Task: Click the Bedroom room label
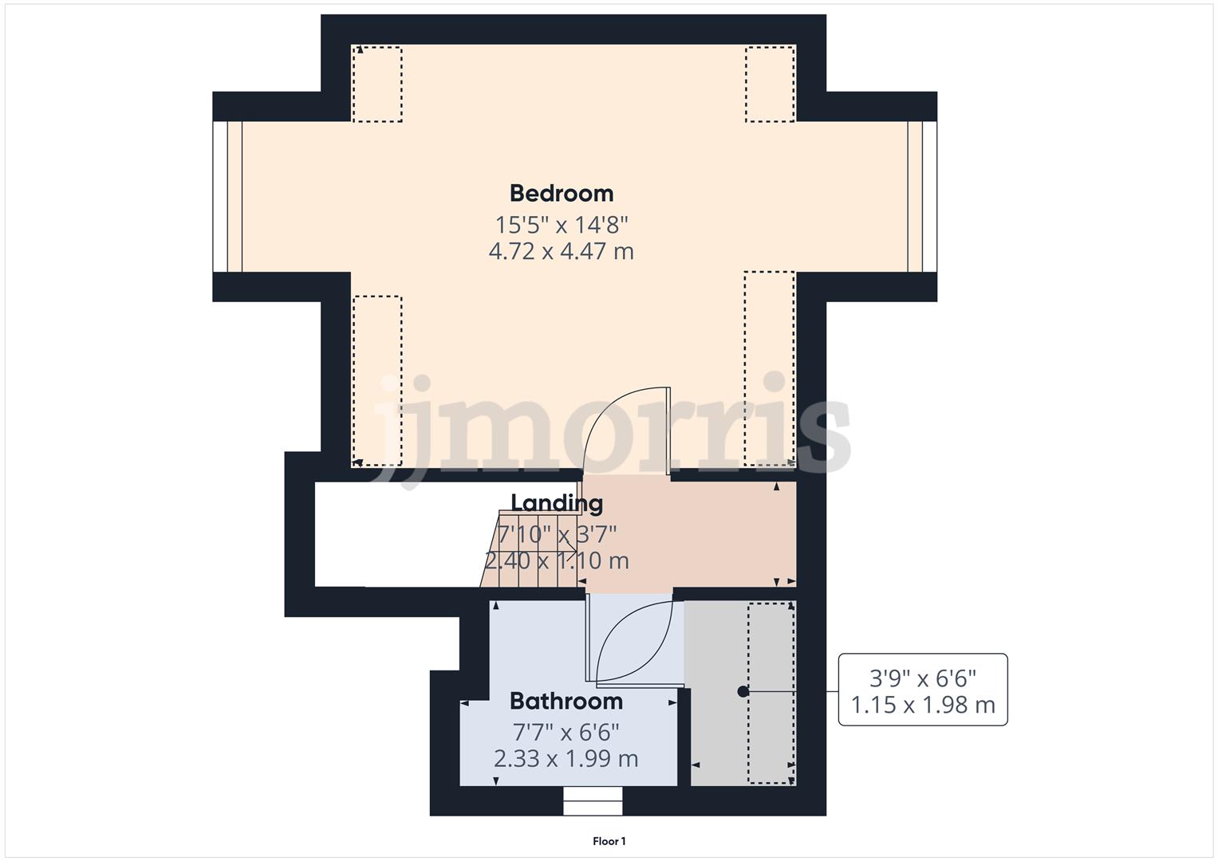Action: pos(562,194)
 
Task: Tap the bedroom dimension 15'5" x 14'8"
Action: pos(562,224)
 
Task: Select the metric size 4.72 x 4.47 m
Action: pos(562,252)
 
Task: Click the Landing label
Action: pos(557,503)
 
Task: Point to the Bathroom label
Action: pos(566,702)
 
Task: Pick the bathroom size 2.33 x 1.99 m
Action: pos(566,759)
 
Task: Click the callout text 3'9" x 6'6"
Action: pos(923,678)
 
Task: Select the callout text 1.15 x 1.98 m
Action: pos(923,706)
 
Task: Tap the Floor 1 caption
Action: pos(609,841)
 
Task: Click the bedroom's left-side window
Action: pos(227,196)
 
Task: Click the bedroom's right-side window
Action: pos(922,196)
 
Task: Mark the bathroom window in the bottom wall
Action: pos(593,800)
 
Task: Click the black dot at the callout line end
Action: pos(743,691)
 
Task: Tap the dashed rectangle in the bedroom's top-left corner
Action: pos(377,84)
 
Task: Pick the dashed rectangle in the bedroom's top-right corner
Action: pos(770,84)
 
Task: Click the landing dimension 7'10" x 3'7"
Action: pos(557,533)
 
